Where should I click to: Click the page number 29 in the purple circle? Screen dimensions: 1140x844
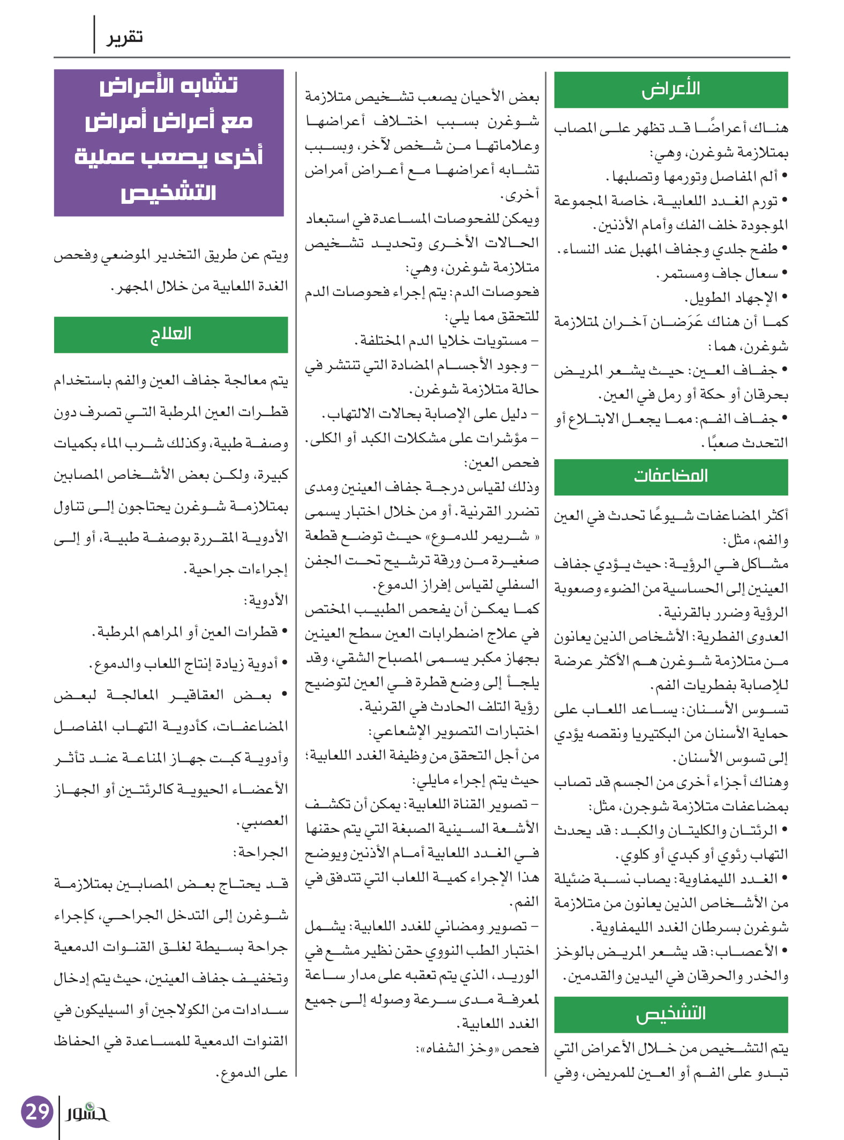coord(37,1112)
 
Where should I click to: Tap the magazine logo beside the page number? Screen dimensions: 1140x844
coord(87,1113)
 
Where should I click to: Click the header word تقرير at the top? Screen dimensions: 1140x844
coord(124,38)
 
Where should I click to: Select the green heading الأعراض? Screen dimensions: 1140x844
coord(671,90)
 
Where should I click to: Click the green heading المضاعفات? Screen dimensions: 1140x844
coord(671,476)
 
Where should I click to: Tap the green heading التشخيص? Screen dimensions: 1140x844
coord(671,1014)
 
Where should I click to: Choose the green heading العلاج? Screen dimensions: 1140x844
coord(170,334)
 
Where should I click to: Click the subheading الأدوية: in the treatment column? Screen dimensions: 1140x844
coord(266,601)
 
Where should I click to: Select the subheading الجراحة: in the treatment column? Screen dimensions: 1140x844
coord(260,852)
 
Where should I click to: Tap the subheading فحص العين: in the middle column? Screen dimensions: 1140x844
coord(502,463)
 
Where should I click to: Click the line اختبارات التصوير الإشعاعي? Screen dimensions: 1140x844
coord(453,731)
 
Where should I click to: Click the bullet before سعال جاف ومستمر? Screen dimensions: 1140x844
coord(785,274)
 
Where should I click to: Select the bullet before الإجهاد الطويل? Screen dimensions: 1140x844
coord(785,298)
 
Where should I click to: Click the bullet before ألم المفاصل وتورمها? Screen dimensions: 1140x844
coord(785,176)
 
